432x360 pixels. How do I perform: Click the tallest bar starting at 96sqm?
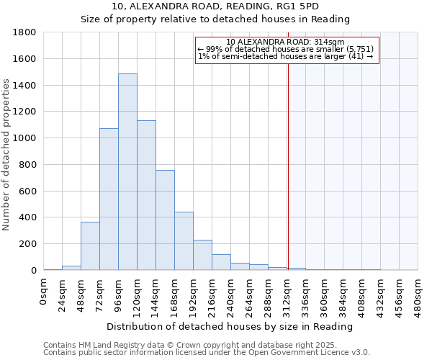point(127,172)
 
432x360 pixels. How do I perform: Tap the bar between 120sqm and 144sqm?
point(146,195)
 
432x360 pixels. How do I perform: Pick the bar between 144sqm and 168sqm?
point(165,220)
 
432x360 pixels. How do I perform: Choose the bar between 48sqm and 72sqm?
point(90,246)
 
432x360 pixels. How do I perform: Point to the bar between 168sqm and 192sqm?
point(184,241)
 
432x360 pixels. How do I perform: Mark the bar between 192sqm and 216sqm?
point(202,255)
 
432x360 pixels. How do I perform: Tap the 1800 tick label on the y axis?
point(25,32)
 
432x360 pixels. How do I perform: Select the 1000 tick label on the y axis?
point(25,138)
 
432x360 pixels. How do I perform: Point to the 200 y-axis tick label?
point(28,244)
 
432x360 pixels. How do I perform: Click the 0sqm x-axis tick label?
point(44,291)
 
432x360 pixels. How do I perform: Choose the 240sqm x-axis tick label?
point(231,295)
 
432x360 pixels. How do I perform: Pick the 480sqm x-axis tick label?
point(418,295)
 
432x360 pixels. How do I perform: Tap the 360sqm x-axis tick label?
point(325,295)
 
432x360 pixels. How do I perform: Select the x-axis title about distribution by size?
point(230,326)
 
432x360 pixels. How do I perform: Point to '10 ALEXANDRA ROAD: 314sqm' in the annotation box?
point(285,42)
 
